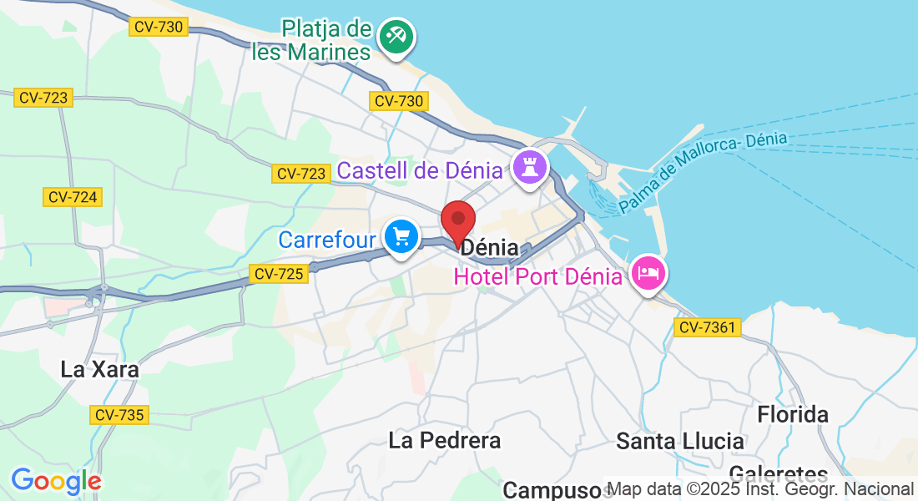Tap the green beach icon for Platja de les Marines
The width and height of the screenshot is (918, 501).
point(397,37)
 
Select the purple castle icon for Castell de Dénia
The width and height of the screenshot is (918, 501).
point(529,167)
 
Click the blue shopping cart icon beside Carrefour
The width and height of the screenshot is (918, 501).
point(401,238)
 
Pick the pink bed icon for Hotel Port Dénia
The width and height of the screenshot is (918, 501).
point(648,273)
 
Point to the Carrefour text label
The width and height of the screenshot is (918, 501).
point(327,240)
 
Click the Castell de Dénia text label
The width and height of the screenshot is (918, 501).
point(421,171)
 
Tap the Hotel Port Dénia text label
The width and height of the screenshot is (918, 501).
point(537,276)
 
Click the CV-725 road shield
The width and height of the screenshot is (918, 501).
point(279,273)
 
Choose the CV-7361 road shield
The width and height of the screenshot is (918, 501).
point(707,327)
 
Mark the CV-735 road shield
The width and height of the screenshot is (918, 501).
point(119,414)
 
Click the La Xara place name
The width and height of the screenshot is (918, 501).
point(100,369)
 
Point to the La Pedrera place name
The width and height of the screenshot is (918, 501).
point(445,440)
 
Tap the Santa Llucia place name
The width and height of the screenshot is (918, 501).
point(680,441)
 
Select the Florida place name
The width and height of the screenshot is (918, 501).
point(793,414)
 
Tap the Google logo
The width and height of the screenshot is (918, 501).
point(56,482)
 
